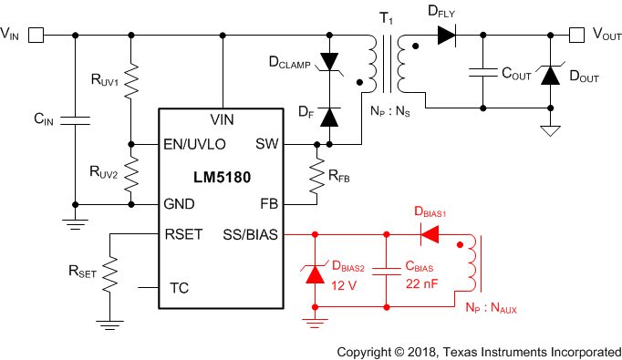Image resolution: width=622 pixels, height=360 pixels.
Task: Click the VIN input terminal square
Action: (x=36, y=36)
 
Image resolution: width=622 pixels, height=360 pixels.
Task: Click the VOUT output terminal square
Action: (x=576, y=36)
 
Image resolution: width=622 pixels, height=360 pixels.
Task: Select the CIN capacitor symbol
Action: (x=75, y=118)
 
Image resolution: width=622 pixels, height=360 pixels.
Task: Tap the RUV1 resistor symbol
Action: (x=132, y=81)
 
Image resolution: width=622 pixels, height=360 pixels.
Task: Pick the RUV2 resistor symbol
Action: (x=132, y=172)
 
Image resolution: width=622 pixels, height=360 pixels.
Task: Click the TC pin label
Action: (x=180, y=288)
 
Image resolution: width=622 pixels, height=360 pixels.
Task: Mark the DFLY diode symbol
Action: (x=446, y=36)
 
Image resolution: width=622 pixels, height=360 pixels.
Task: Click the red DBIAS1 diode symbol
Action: (x=429, y=234)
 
